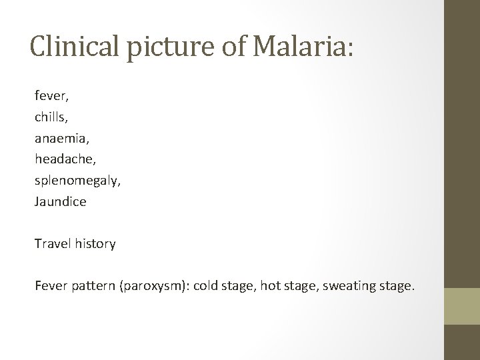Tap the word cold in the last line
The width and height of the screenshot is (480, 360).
coord(222,286)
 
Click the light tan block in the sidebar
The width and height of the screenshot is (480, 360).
coord(461,306)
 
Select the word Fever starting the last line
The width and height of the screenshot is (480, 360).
coord(51,286)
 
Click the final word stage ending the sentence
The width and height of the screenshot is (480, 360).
coord(399,287)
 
